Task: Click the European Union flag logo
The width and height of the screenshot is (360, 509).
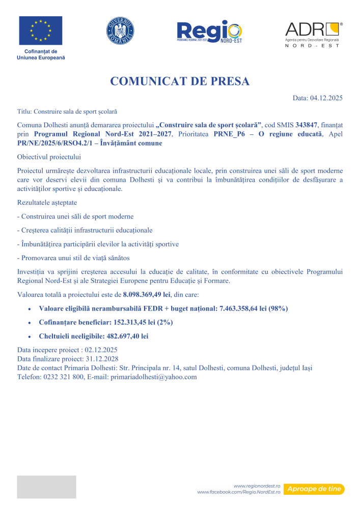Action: click(x=41, y=31)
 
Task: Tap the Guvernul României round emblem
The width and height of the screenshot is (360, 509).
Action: click(x=120, y=30)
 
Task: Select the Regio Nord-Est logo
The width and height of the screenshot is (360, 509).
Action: click(x=209, y=31)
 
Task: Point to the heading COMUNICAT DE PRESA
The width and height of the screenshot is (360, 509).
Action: click(x=180, y=81)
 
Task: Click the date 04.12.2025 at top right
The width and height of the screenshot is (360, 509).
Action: click(x=326, y=98)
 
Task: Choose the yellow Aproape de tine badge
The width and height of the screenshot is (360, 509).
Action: click(x=314, y=489)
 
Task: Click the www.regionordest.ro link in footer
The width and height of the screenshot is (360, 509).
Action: click(x=257, y=486)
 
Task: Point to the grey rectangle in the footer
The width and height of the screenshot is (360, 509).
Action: click(x=46, y=487)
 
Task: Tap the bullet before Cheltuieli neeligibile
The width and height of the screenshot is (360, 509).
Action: click(x=31, y=336)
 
